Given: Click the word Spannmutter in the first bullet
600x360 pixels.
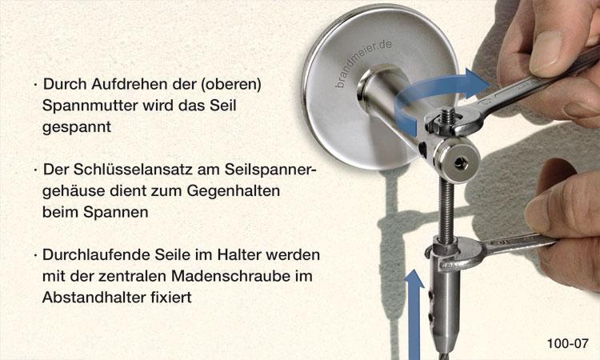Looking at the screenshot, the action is coord(90,106).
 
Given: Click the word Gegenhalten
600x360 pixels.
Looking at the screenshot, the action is coord(234,191).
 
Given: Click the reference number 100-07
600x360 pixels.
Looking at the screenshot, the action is coord(567,343).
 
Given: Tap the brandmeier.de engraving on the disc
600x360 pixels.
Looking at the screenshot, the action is coord(362,63).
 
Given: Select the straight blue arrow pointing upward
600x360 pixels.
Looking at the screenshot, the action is coord(414,314).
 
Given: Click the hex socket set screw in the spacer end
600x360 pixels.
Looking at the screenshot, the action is coord(458,163).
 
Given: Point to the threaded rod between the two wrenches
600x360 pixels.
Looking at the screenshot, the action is coord(446,210).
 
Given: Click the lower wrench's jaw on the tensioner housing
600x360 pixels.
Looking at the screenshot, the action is coord(459,253).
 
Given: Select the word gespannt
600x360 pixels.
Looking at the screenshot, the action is coord(77,127).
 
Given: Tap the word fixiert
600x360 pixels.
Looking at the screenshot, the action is coord(172,298).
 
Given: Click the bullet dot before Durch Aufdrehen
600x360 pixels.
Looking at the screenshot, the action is coord(35,85).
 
